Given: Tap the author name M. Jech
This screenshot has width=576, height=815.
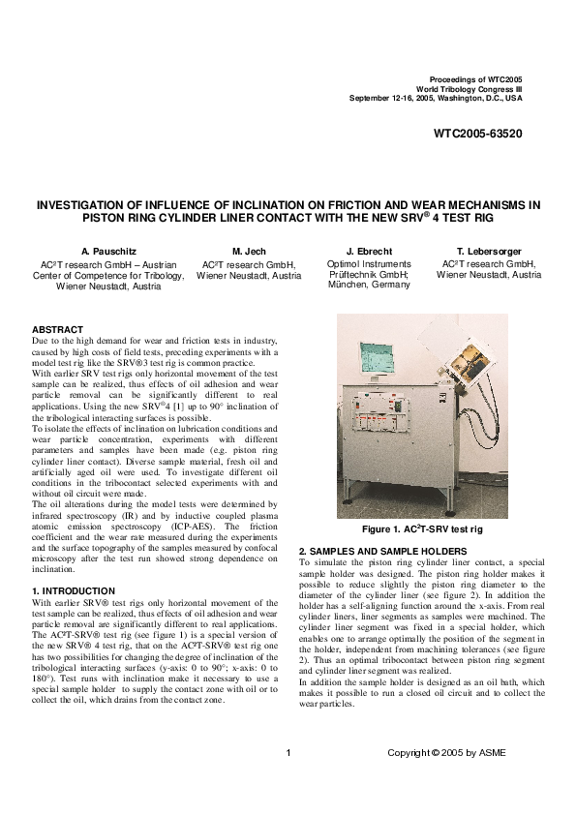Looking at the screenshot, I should (249, 251).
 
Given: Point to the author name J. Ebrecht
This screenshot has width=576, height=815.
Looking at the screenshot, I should (368, 251).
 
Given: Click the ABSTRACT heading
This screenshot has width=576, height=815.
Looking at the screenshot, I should (57, 330).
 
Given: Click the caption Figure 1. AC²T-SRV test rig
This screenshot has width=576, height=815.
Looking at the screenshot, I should (421, 530).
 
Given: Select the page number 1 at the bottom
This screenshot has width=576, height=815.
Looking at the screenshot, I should (288, 753).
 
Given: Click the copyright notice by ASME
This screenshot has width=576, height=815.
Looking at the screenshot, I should (446, 753).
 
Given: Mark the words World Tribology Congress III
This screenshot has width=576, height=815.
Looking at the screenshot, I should (472, 87).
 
